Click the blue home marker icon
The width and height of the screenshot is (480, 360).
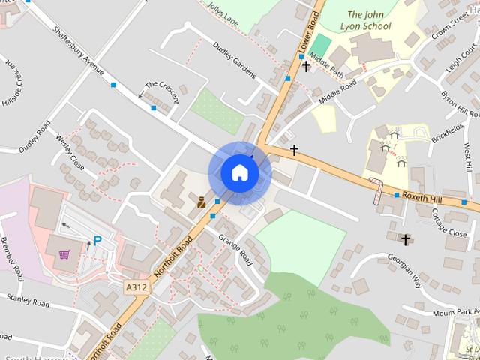(x=239, y=172)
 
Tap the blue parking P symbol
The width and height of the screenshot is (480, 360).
(x=97, y=241)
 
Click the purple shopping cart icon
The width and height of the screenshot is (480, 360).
(x=65, y=253)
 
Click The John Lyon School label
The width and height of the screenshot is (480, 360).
(x=369, y=20)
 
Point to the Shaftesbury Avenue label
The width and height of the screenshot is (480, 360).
(x=78, y=53)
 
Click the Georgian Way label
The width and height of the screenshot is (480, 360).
(x=404, y=269)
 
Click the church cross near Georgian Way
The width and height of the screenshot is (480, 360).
(x=406, y=240)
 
